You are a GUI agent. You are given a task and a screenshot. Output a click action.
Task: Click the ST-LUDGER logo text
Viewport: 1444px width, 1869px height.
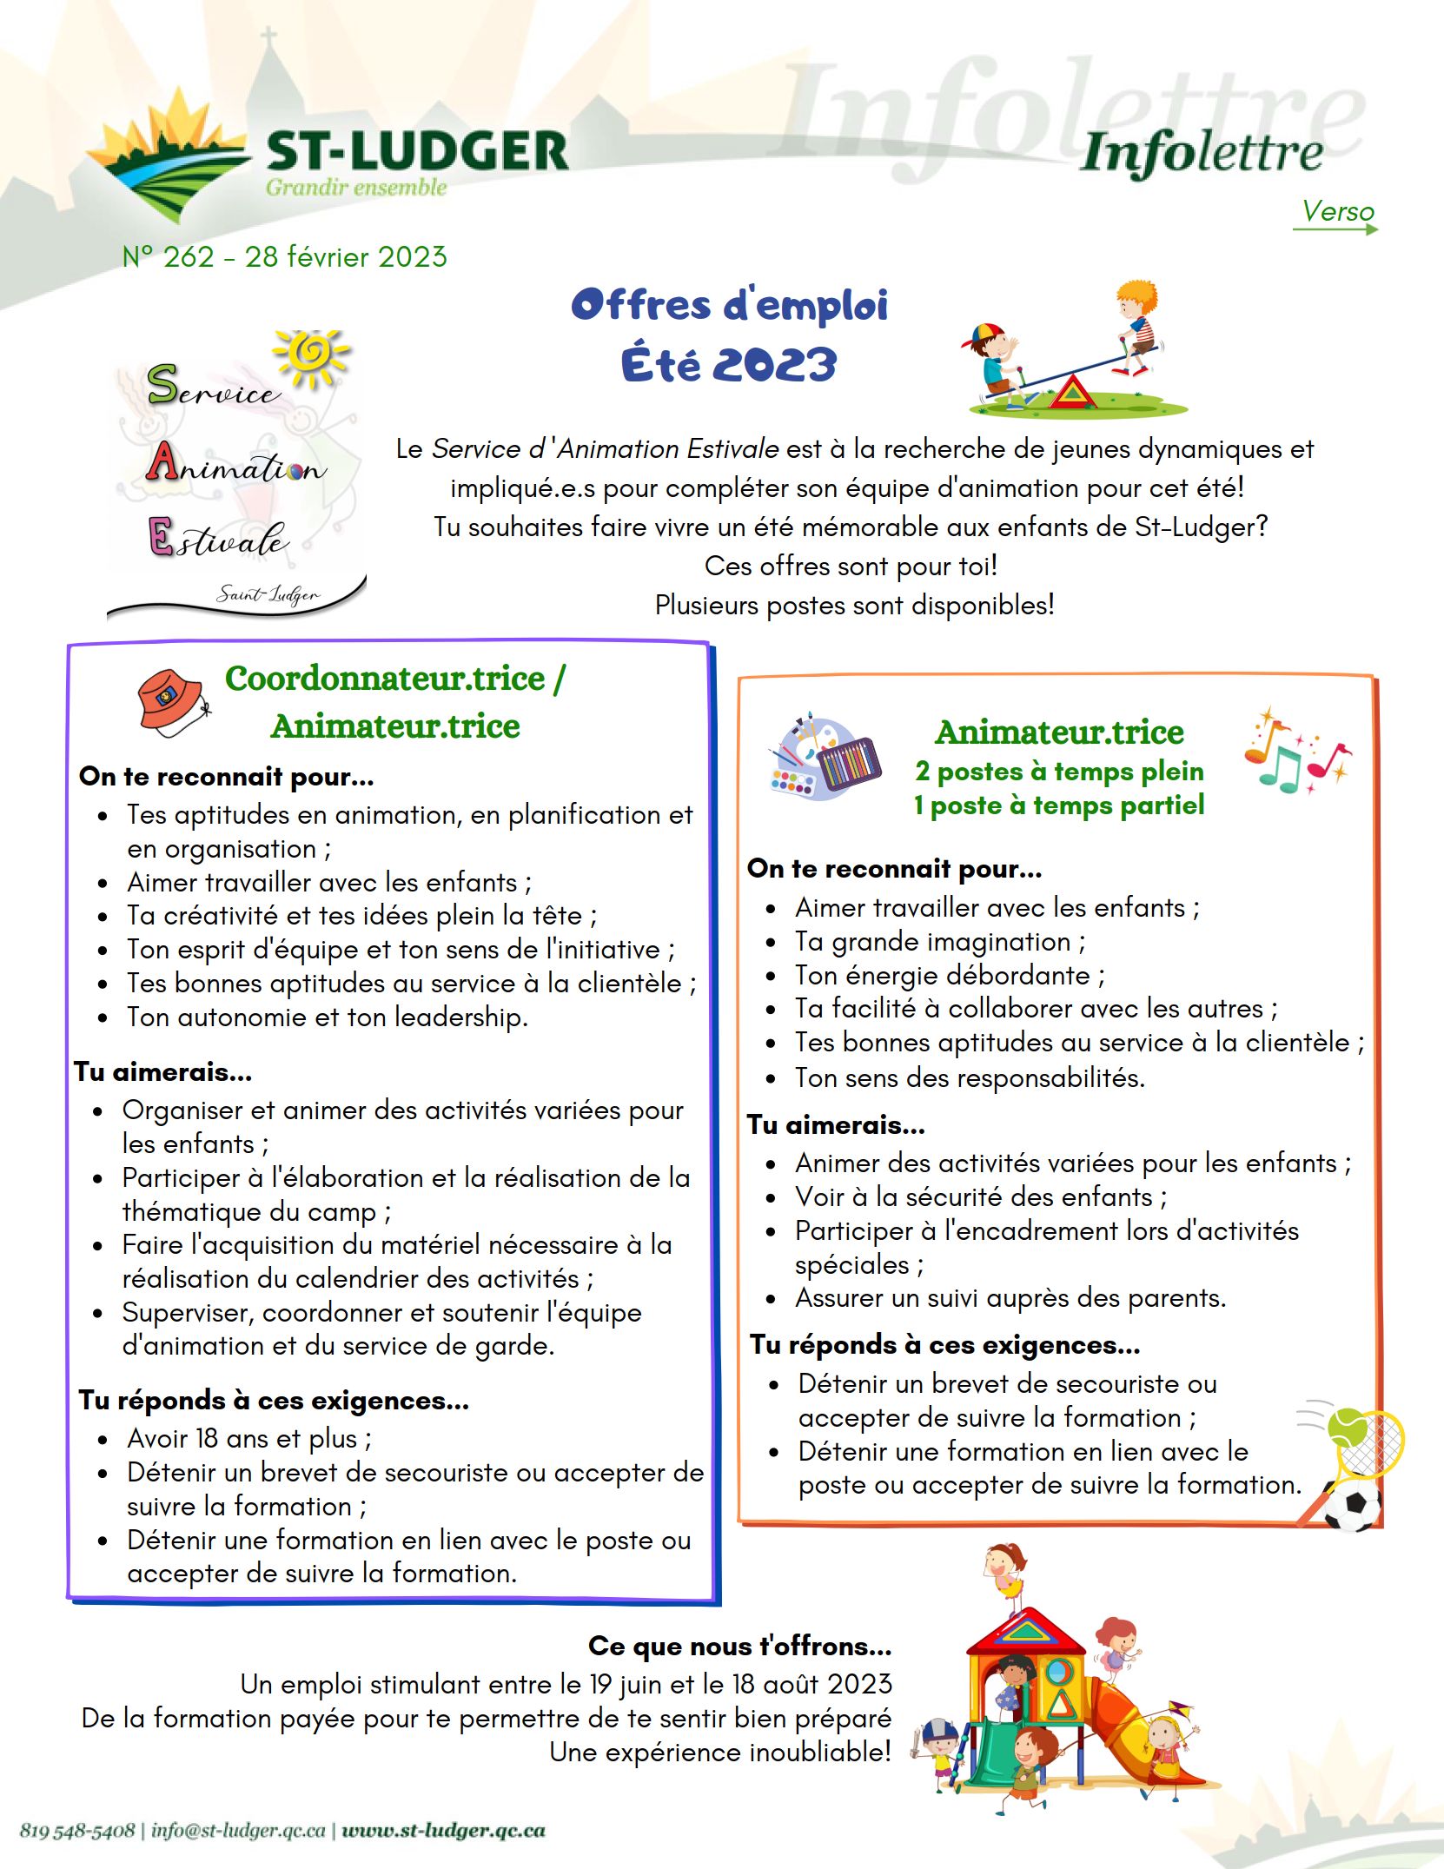click(x=417, y=151)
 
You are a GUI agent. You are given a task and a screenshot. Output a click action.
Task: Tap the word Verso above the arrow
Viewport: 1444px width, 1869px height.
click(x=1337, y=211)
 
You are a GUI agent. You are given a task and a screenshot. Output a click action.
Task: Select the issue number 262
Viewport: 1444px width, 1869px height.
click(x=189, y=257)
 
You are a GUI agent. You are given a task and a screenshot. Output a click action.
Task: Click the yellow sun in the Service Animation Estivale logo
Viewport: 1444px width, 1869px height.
click(x=311, y=355)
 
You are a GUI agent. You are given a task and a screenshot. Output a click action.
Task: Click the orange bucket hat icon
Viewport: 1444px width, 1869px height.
click(x=171, y=701)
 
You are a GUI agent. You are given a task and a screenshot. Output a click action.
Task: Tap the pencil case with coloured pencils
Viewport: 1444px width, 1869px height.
click(x=849, y=762)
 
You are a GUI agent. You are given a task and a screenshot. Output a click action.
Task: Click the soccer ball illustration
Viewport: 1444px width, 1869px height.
click(x=1352, y=1506)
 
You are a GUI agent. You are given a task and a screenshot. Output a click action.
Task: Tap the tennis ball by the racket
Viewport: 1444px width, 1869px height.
click(x=1348, y=1426)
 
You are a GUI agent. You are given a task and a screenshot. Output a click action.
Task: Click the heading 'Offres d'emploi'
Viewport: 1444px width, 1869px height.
click(x=729, y=305)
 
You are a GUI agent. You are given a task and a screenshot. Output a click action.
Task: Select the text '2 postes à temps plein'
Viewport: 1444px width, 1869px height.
click(x=1059, y=772)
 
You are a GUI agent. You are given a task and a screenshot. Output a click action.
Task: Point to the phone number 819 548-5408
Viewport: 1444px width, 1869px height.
click(x=77, y=1830)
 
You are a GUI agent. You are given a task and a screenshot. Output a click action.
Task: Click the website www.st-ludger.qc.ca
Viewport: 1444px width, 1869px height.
click(x=443, y=1830)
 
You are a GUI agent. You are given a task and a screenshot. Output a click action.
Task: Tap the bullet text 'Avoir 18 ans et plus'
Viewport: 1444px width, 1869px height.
click(x=248, y=1439)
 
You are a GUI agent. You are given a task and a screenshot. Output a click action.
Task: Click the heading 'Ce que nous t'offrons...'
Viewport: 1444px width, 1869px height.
click(x=739, y=1646)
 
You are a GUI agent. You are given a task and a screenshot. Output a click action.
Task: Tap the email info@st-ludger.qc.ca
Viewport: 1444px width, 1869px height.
click(x=238, y=1830)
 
